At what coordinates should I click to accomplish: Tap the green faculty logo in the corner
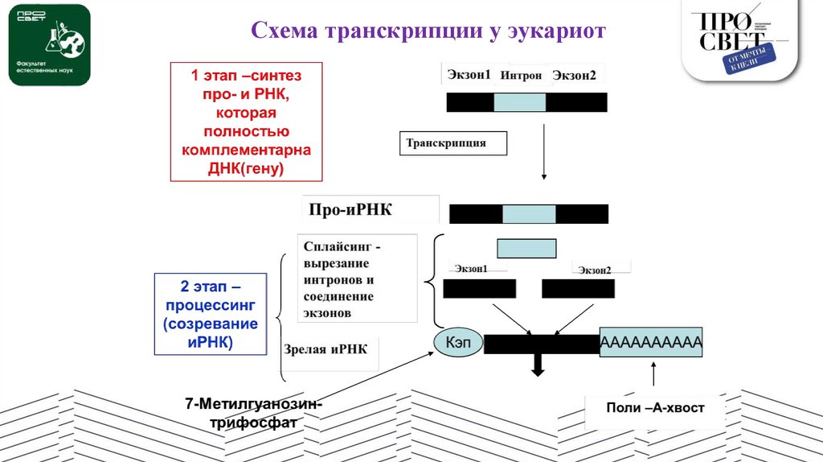(x=48, y=45)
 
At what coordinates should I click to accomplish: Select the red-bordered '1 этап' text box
(x=246, y=122)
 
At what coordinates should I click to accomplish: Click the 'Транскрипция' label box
(x=453, y=143)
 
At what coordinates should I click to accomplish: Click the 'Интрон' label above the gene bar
(x=521, y=75)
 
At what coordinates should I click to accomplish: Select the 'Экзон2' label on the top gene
(x=574, y=75)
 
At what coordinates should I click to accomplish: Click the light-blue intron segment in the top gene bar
(x=519, y=102)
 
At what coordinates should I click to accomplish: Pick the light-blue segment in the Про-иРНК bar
(x=529, y=213)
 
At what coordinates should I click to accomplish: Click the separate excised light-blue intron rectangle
(x=526, y=248)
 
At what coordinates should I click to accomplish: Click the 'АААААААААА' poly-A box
(x=651, y=344)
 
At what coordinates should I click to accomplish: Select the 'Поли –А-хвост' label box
(x=655, y=409)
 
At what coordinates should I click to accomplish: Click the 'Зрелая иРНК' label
(x=326, y=349)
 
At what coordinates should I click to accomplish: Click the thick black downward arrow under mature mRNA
(x=538, y=365)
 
